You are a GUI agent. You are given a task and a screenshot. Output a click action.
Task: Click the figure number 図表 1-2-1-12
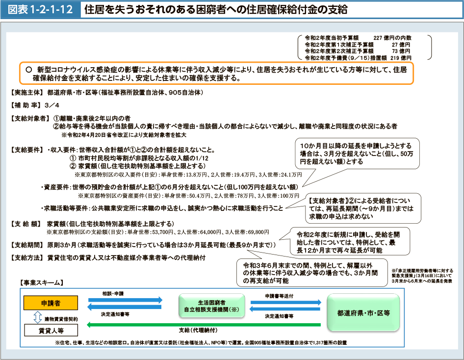pos(41,9)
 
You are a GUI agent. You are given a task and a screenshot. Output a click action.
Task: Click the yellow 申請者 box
pos(51,303)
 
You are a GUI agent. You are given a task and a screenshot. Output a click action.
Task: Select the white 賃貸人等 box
pos(51,330)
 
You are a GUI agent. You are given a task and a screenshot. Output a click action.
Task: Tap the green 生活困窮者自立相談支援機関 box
pos(211,306)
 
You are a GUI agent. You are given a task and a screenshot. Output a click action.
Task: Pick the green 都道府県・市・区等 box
pos(363,313)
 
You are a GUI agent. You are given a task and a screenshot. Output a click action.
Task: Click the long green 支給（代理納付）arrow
pos(204,325)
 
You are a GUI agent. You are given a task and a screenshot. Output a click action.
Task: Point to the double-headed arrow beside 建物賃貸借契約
pos(38,317)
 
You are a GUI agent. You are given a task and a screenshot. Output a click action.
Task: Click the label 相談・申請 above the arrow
pos(113,293)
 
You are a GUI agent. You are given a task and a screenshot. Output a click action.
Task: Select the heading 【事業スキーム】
pos(41,283)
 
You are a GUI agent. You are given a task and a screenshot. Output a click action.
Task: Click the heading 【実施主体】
pos(27,93)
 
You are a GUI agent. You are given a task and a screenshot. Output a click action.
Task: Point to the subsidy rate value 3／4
pos(52,105)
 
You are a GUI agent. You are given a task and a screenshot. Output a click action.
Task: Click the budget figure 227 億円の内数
pos(392,38)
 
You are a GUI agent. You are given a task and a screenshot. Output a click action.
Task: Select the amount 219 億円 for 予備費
pos(401,58)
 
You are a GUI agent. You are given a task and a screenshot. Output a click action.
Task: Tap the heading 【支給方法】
pos(27,258)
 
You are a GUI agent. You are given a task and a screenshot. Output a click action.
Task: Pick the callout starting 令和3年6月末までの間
pos(312,273)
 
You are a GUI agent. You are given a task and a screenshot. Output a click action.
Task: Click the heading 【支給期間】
pos(27,245)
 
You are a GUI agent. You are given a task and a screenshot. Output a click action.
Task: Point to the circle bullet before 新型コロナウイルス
pos(29,70)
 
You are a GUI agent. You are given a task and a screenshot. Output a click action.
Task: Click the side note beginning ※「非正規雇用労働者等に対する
pos(422,276)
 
